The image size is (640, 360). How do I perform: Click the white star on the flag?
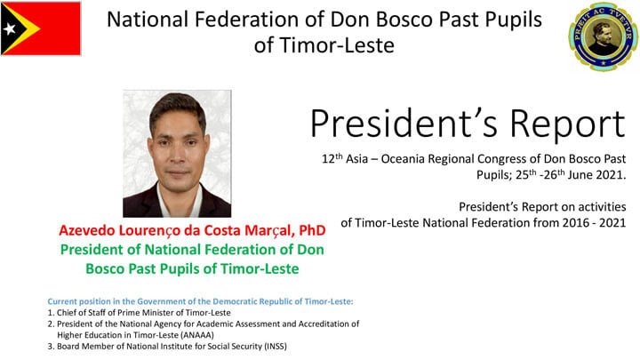pyautogui.click(x=9, y=28)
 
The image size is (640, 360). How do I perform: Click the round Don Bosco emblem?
pyautogui.click(x=603, y=36)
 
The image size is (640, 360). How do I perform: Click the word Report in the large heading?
pyautogui.click(x=567, y=124)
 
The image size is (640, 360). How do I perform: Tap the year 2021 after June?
pyautogui.click(x=611, y=175)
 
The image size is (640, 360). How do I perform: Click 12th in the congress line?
pyautogui.click(x=332, y=158)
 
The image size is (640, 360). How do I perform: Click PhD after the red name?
pyautogui.click(x=312, y=230)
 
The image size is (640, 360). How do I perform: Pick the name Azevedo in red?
pyautogui.click(x=86, y=230)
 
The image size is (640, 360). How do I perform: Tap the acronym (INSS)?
pyautogui.click(x=276, y=346)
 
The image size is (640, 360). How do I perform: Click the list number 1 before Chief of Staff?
pyautogui.click(x=50, y=313)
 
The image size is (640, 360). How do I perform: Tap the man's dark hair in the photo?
pyautogui.click(x=178, y=105)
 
